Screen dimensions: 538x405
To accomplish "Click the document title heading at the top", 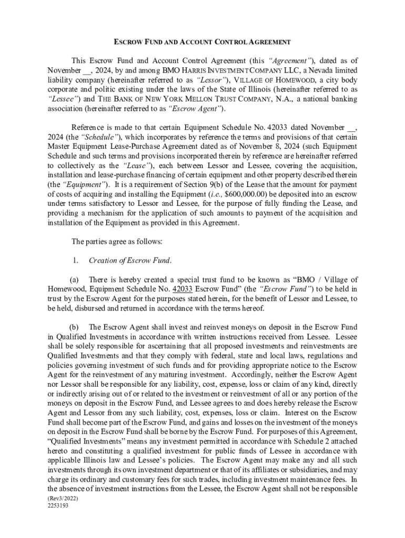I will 203,42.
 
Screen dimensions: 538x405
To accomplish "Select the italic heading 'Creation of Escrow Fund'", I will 130,261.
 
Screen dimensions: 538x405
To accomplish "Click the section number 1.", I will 76,261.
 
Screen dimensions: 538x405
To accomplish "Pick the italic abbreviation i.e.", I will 214,194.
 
